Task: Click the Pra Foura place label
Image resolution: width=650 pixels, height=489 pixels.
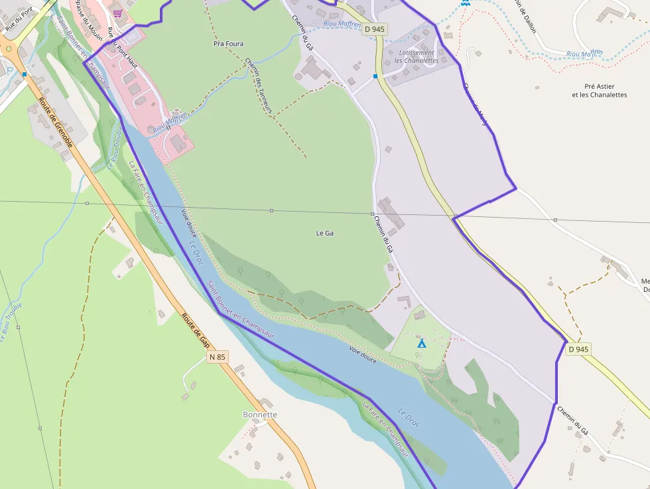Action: pyautogui.click(x=228, y=44)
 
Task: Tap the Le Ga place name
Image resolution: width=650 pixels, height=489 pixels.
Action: pyautogui.click(x=324, y=233)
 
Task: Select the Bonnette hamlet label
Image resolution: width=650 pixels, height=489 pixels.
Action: pyautogui.click(x=260, y=415)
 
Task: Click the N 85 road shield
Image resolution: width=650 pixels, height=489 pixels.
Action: pyautogui.click(x=217, y=357)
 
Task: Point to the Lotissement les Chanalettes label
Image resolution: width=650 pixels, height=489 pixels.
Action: pyautogui.click(x=416, y=56)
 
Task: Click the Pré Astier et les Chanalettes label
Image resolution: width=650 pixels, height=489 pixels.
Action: pyautogui.click(x=599, y=90)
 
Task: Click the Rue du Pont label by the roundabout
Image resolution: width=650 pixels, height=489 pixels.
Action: pyautogui.click(x=19, y=21)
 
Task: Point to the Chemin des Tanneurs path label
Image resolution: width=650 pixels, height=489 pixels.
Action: pyautogui.click(x=259, y=84)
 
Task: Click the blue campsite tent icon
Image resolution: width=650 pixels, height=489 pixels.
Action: pyautogui.click(x=421, y=343)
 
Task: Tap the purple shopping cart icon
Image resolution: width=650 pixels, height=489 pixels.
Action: pyautogui.click(x=117, y=13)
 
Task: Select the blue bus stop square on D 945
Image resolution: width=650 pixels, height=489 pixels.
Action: pyautogui.click(x=375, y=76)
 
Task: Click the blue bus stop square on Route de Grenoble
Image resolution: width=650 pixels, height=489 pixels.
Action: pyautogui.click(x=25, y=74)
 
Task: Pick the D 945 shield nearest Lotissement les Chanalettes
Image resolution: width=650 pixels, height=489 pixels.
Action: pyautogui.click(x=374, y=29)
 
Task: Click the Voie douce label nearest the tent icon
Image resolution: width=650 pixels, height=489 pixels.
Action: pyautogui.click(x=363, y=354)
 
